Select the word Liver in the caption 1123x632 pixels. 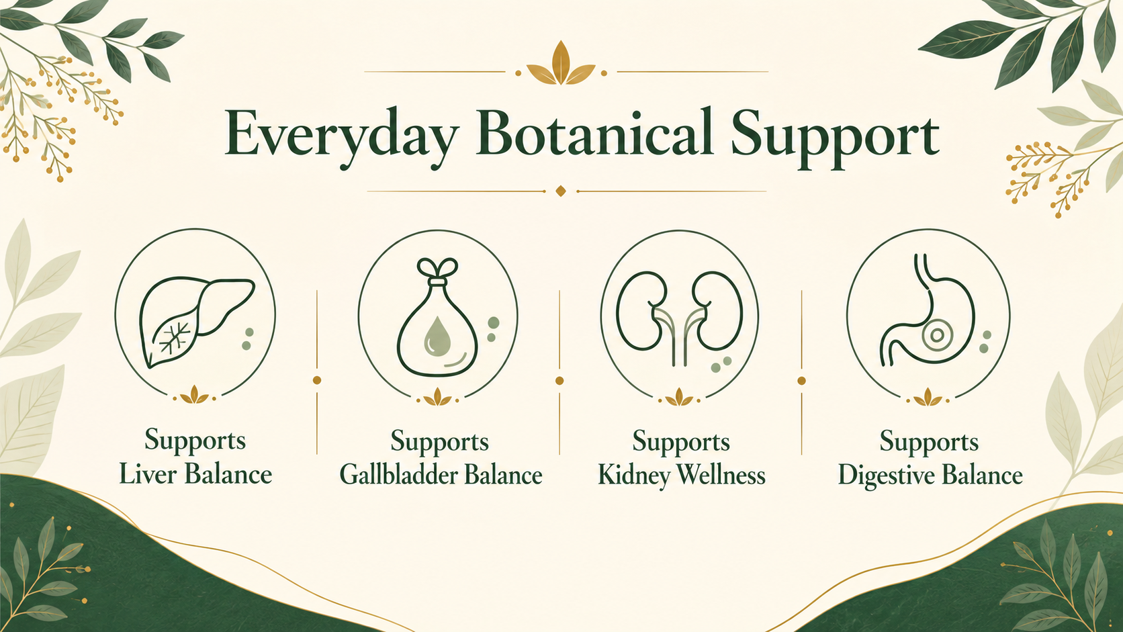147,475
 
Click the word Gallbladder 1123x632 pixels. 398,475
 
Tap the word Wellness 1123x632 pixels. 721,475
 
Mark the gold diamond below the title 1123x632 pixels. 561,191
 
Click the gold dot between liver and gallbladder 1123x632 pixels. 317,380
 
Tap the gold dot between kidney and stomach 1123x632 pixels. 802,381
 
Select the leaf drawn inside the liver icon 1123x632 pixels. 172,336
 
